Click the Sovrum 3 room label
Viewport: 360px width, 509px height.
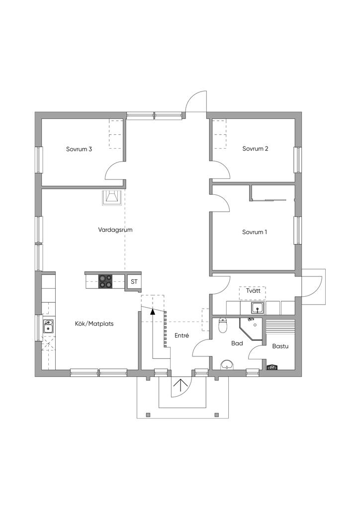(x=79, y=149)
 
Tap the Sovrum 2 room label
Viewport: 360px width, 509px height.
(x=255, y=149)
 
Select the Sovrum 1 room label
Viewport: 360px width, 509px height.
(x=255, y=232)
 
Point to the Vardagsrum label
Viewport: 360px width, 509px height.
(x=115, y=230)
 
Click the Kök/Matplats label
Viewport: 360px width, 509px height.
(x=94, y=324)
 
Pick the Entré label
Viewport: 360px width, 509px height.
(x=181, y=336)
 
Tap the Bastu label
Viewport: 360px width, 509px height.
(x=280, y=346)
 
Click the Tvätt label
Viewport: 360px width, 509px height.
(x=253, y=290)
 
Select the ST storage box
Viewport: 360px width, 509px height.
(x=134, y=281)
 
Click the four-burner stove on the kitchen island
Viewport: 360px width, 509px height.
(x=105, y=281)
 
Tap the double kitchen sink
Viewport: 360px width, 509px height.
(x=48, y=326)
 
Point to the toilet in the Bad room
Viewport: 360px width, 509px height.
(x=223, y=325)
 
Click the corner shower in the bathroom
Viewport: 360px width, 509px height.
(x=251, y=329)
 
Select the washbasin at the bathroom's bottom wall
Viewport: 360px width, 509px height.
(x=226, y=365)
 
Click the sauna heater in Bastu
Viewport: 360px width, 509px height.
(x=271, y=367)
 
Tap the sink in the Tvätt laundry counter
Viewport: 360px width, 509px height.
(x=258, y=308)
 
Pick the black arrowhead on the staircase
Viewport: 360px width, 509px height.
(x=153, y=311)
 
